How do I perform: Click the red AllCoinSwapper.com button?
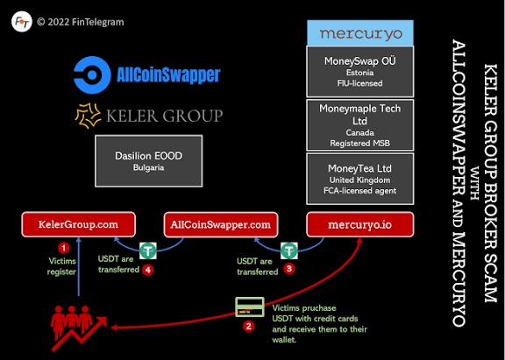220,225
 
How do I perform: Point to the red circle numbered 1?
61,249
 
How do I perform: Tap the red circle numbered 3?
290,270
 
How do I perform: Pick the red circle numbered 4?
148,270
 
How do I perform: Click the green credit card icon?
248,306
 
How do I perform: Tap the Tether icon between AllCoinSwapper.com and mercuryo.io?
289,250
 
